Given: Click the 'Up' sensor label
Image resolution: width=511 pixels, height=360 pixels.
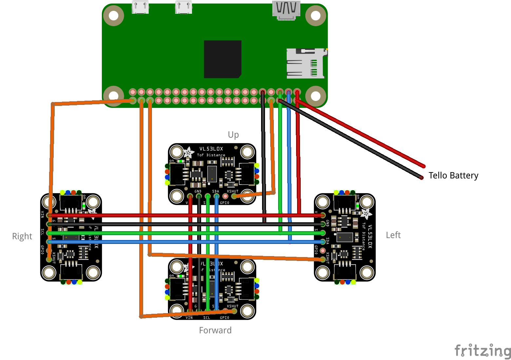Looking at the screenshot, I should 233,135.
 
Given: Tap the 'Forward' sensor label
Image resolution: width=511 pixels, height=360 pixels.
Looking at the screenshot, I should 215,330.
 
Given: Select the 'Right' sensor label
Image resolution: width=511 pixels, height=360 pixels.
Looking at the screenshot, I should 22,236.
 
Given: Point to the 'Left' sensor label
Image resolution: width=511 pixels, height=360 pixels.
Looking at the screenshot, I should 393,235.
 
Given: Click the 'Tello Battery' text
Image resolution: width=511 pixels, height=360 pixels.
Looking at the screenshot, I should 453,176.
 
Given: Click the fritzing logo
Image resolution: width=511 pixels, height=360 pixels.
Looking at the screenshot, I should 483,350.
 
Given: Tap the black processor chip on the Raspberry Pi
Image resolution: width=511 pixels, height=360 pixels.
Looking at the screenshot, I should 223,59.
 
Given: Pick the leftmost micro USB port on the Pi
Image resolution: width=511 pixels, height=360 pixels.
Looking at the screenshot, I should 140,7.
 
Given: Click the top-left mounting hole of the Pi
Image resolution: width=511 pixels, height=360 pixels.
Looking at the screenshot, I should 114,15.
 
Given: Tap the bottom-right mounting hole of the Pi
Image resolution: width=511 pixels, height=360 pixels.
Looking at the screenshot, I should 315,96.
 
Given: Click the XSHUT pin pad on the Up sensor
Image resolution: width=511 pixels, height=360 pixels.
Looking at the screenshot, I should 234,196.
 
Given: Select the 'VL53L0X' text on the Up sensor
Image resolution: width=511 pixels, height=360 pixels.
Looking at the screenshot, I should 211,149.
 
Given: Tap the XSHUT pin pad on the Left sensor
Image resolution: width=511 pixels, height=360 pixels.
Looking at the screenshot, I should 323,259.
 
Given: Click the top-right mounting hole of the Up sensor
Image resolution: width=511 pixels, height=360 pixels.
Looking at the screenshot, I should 247,152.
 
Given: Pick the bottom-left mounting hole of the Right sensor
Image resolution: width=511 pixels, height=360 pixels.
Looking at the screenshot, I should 49,272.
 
